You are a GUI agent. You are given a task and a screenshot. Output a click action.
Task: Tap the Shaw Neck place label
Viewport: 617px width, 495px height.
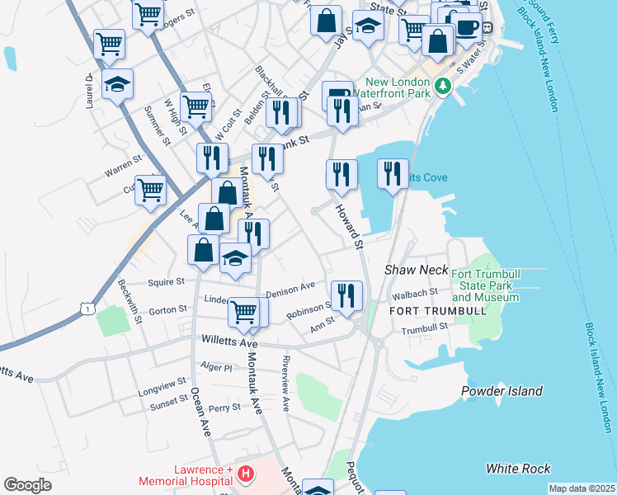pyautogui.click(x=416, y=271)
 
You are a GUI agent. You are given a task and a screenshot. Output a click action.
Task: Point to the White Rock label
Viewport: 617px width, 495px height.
pyautogui.click(x=518, y=469)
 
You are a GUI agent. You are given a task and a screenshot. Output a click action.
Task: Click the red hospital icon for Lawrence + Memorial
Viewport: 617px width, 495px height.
pyautogui.click(x=245, y=474)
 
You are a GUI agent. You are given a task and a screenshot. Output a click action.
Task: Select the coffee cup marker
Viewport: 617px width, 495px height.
pyautogui.click(x=468, y=26)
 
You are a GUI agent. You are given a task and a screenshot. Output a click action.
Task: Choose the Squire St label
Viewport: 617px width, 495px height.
pyautogui.click(x=166, y=282)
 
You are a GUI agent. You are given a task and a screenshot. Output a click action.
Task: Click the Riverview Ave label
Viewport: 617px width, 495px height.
pyautogui.click(x=286, y=384)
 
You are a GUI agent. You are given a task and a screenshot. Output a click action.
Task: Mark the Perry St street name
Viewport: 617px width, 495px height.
pyautogui.click(x=224, y=408)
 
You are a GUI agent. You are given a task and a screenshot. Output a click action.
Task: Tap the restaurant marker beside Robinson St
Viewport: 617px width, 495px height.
pyautogui.click(x=346, y=295)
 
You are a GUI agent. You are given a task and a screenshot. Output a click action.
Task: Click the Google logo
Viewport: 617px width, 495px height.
pyautogui.click(x=27, y=484)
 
